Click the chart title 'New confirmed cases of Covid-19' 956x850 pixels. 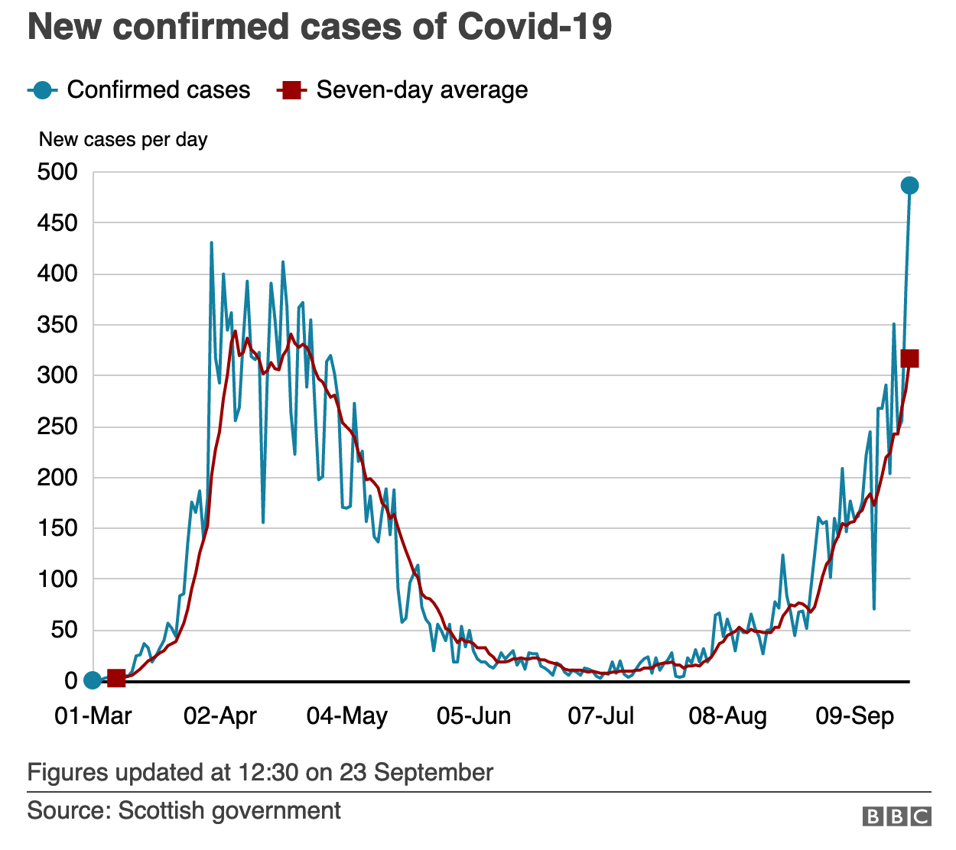coord(320,27)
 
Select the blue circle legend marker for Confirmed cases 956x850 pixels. coord(43,90)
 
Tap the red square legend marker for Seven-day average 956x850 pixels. coord(291,90)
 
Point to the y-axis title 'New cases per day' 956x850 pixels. coord(123,140)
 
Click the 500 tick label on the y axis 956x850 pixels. coord(57,172)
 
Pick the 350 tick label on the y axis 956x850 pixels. coord(57,325)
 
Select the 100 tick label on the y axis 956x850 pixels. coord(57,579)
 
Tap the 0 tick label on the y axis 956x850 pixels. coord(70,681)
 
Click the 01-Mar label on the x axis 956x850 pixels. coord(93,716)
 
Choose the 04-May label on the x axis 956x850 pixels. coord(347,716)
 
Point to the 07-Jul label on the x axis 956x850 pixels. coord(601,716)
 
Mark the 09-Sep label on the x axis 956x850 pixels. coord(855,716)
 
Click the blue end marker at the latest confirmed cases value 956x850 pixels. coord(909,186)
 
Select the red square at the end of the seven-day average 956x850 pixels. coord(909,358)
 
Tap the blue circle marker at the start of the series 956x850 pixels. coord(93,680)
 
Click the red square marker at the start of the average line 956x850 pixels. coord(116,678)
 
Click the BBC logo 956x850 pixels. coord(897,817)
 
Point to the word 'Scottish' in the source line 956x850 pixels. coord(161,810)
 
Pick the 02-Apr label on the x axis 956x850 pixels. coord(220,716)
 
